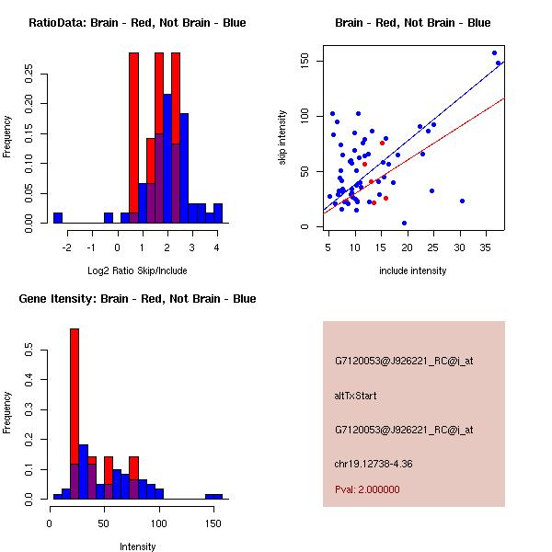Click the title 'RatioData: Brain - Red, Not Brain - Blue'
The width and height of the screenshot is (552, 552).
click(137, 23)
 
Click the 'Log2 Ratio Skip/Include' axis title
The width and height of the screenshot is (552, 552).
click(137, 270)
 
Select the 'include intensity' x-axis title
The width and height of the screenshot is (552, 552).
click(413, 270)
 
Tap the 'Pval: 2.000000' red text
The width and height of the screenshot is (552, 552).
click(367, 489)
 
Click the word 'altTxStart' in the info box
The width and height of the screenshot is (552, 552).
click(355, 396)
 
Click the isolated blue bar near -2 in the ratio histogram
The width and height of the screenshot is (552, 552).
click(58, 218)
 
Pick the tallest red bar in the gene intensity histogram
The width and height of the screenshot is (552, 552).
click(75, 413)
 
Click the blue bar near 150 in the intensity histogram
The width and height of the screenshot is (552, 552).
click(213, 496)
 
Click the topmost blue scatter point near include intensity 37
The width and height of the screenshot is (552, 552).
click(494, 52)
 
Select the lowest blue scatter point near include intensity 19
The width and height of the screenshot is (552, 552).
click(404, 223)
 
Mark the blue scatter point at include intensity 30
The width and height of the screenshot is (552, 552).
click(462, 201)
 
